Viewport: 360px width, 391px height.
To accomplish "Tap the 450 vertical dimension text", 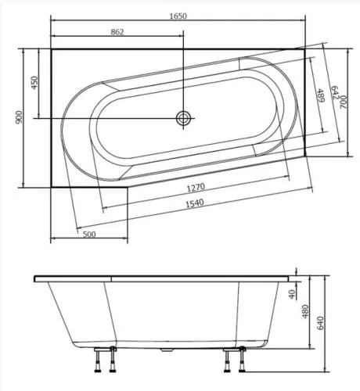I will click(34, 83).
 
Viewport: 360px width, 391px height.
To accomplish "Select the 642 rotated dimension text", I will click(335, 95).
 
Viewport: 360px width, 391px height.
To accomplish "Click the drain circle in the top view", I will click(183, 118).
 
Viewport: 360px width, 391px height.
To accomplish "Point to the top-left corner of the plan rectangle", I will click(51, 48).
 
